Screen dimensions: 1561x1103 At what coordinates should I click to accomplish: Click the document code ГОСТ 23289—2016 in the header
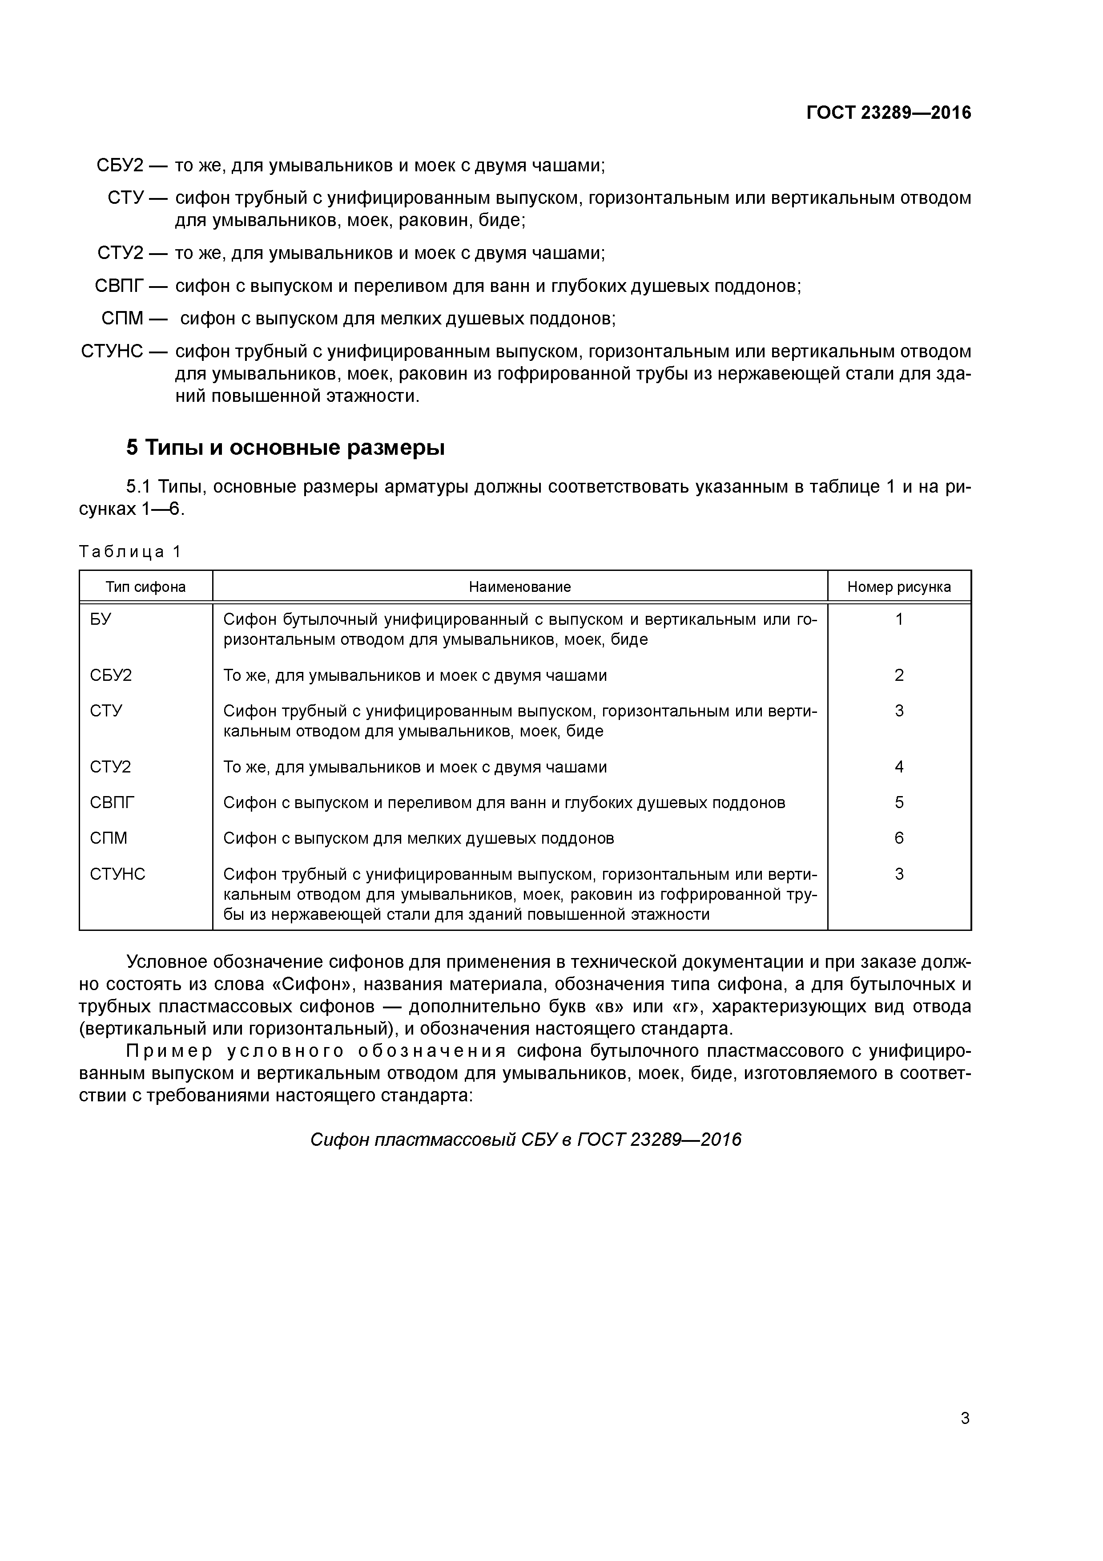pyautogui.click(x=888, y=113)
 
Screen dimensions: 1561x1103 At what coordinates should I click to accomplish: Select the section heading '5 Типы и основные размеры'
pyautogui.click(x=286, y=448)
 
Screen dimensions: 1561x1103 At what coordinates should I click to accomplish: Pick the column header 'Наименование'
pyautogui.click(x=520, y=587)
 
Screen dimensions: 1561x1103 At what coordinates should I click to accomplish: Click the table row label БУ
pyautogui.click(x=101, y=619)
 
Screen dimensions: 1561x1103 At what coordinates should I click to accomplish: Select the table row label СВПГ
pyautogui.click(x=112, y=803)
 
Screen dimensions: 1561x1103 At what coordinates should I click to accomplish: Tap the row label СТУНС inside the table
pyautogui.click(x=117, y=874)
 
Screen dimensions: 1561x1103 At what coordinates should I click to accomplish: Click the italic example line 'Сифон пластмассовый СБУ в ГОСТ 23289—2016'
pyautogui.click(x=525, y=1140)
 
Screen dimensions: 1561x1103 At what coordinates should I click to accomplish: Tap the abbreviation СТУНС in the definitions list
pyautogui.click(x=112, y=352)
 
